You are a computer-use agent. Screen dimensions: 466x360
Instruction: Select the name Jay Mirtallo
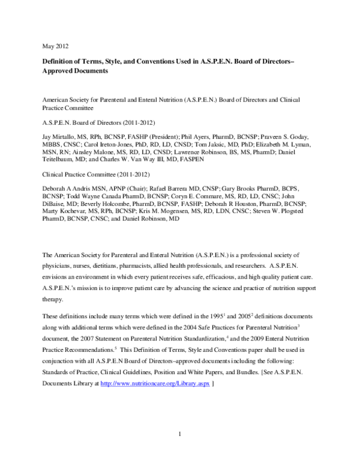click(58, 138)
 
